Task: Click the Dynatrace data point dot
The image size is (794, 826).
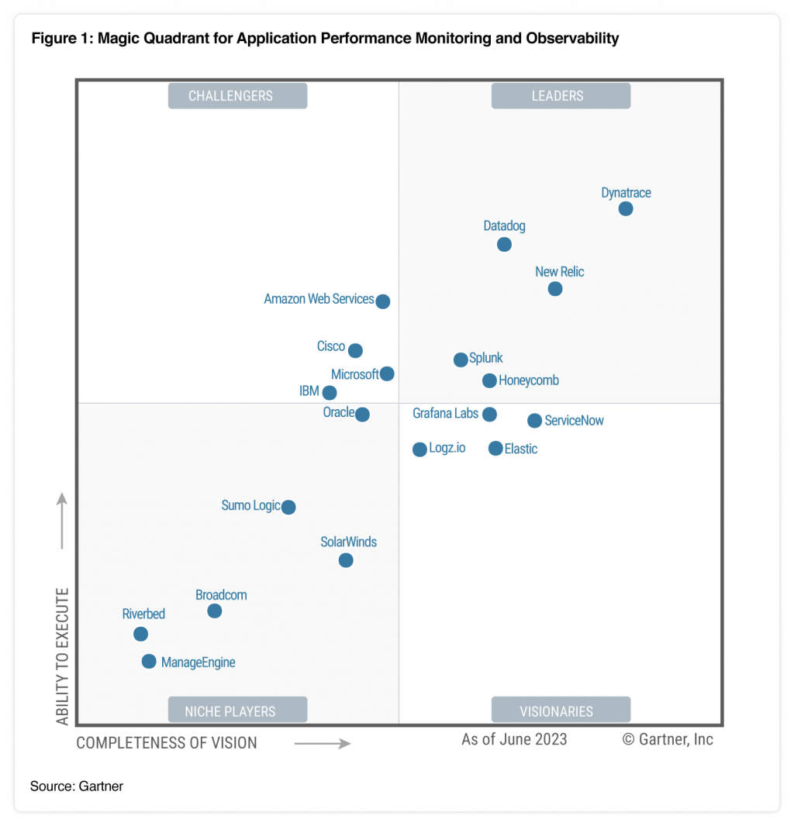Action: (626, 208)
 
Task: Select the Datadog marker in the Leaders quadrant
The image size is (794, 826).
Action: (504, 244)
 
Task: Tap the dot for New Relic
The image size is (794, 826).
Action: (555, 288)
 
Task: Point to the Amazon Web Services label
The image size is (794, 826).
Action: (319, 299)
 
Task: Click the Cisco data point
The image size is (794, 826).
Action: (355, 350)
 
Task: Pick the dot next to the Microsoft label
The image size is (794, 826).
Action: (387, 373)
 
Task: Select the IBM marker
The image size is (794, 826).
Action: (330, 393)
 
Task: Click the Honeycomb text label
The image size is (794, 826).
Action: (529, 380)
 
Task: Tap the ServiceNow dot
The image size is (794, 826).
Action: (534, 421)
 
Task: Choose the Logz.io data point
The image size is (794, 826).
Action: (419, 449)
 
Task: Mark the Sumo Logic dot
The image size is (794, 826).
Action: (288, 507)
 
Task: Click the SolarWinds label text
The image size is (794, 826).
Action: (349, 542)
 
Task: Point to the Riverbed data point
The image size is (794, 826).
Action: (140, 634)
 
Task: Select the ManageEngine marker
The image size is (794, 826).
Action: (149, 661)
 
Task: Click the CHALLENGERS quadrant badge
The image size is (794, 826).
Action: (237, 96)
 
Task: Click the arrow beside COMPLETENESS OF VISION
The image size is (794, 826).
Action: (323, 744)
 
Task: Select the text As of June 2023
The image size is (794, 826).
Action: (514, 739)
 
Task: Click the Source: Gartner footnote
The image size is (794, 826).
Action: (77, 786)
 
